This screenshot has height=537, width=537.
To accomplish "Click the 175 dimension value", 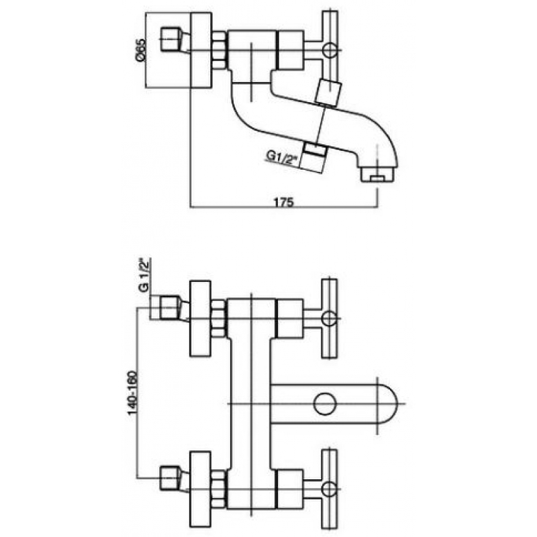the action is (x=283, y=202).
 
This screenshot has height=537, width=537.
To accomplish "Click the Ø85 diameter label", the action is (x=140, y=50).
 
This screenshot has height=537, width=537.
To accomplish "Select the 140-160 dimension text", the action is (x=132, y=393).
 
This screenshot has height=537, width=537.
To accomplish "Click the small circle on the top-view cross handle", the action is (x=330, y=50).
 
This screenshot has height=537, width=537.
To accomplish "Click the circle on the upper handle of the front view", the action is (x=329, y=318).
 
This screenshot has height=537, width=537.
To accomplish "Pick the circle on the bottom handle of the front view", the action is (x=329, y=489).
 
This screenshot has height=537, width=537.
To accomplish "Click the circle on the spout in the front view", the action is (x=325, y=403).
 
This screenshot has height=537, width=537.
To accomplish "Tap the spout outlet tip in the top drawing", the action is (x=377, y=175).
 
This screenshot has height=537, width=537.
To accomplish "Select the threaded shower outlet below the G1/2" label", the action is (x=313, y=157).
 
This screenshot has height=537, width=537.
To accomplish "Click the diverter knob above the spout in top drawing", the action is (x=328, y=92).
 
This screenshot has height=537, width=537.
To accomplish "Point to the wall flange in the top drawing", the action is (x=201, y=50).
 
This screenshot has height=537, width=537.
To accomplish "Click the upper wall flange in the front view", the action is (x=200, y=319).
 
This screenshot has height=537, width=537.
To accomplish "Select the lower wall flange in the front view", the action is (x=200, y=489).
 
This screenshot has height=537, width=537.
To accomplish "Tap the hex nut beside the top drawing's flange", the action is (x=219, y=50).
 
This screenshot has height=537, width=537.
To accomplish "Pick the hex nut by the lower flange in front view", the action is (x=219, y=489).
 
